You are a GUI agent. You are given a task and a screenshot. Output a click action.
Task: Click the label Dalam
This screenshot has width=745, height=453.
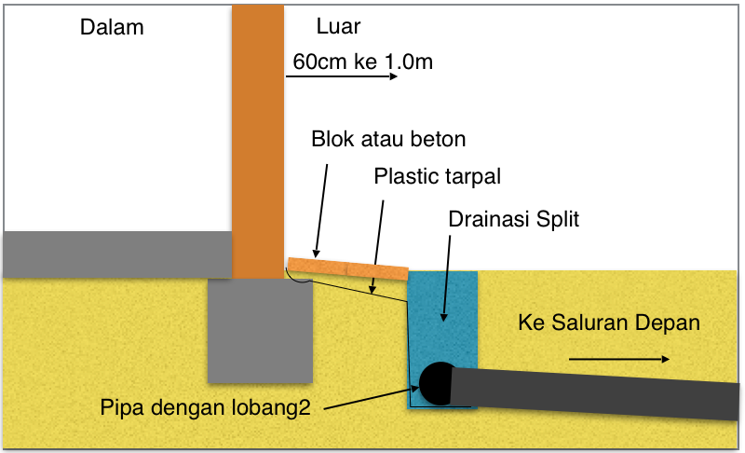click(112, 27)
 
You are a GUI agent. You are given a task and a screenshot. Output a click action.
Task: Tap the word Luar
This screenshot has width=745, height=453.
click(338, 26)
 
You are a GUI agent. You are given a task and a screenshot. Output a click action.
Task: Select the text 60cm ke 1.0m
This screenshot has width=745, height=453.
click(362, 62)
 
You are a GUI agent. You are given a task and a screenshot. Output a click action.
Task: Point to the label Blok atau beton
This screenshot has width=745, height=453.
click(387, 139)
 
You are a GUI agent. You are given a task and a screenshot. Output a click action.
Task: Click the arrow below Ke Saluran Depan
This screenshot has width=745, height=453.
click(618, 359)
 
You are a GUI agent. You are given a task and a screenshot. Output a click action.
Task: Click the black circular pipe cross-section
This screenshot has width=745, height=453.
click(435, 379)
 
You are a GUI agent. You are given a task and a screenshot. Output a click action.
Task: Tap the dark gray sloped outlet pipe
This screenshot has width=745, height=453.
click(596, 389)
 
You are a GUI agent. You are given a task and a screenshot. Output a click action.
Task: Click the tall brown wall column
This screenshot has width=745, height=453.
click(256, 140)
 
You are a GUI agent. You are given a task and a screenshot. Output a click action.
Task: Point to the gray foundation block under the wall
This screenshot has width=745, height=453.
click(260, 331)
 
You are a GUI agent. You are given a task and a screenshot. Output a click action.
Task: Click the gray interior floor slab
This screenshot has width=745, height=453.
click(116, 254)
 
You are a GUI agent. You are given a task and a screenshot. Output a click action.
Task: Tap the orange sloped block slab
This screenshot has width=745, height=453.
click(347, 268)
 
